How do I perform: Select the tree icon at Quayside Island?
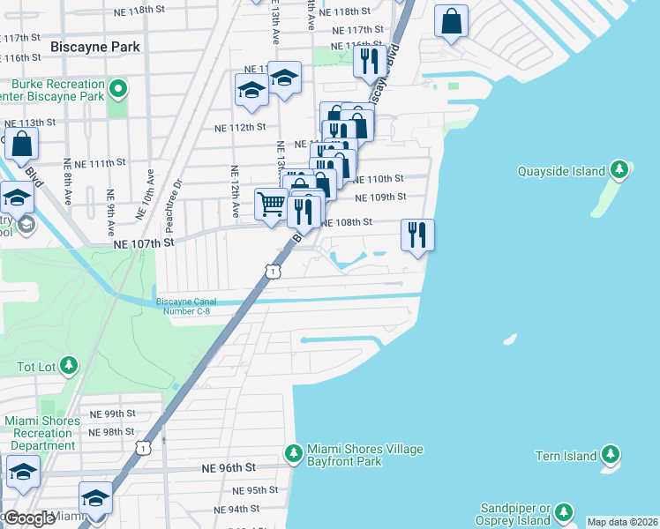pos(620,170)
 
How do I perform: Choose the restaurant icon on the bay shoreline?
pos(417,235)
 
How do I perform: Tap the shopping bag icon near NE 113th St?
pos(21,144)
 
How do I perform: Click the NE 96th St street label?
pos(228,467)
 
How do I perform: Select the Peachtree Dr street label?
pos(181,195)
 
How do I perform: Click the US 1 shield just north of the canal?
pos(273,272)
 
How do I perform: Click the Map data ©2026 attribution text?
pos(622,522)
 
